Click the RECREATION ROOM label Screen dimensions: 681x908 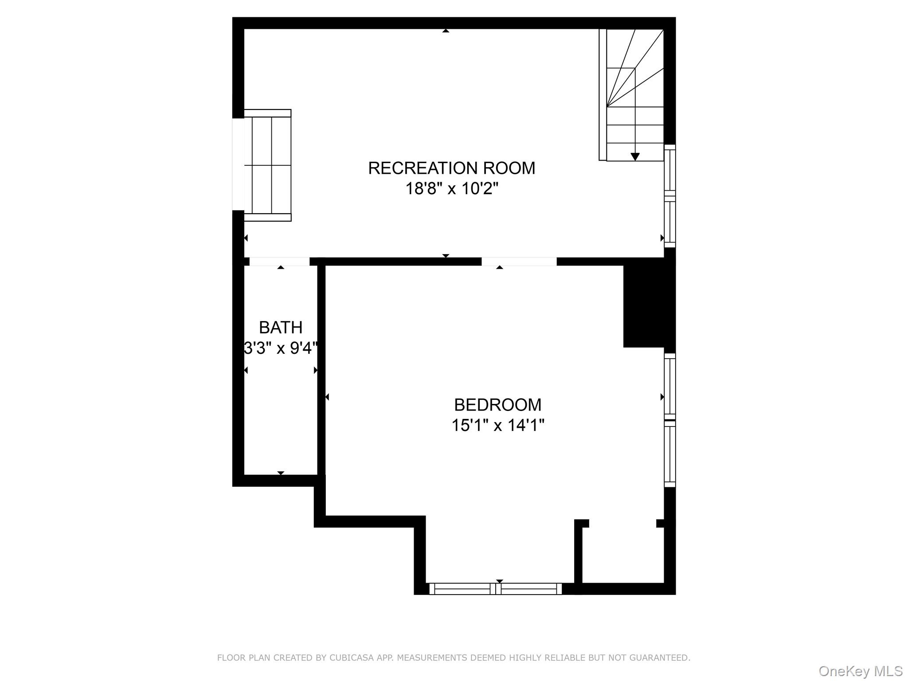[x=451, y=168]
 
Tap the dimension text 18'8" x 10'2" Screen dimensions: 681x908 [x=451, y=189]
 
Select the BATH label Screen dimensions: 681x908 [x=281, y=328]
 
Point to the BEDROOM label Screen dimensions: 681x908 [x=497, y=405]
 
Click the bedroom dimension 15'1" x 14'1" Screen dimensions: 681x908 [x=497, y=426]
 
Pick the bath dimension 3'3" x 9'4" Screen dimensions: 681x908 [x=281, y=348]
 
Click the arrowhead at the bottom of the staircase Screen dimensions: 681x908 [x=635, y=157]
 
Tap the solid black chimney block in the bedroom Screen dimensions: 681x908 [x=644, y=306]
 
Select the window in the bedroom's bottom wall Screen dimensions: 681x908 [x=495, y=589]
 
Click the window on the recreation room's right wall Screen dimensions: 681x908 [x=669, y=196]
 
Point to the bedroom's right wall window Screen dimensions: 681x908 [x=669, y=420]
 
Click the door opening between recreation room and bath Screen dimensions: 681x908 [x=279, y=262]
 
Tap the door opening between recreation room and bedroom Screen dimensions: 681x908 [x=519, y=262]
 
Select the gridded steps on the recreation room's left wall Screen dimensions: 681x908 [x=267, y=165]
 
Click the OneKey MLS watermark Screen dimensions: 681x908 [x=861, y=671]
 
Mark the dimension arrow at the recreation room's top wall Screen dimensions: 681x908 [x=446, y=31]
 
